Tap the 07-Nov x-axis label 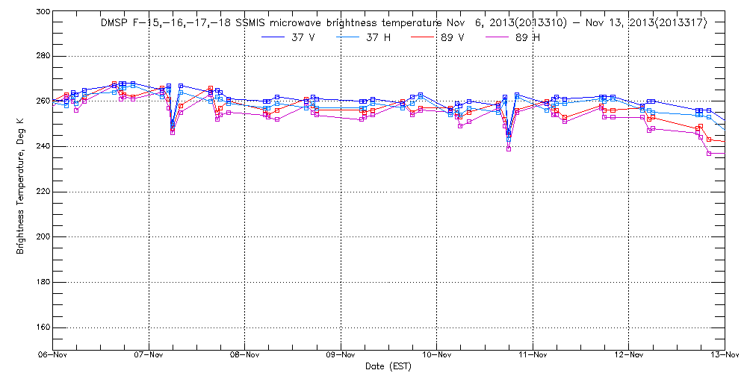149,356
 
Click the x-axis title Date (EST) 388,366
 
